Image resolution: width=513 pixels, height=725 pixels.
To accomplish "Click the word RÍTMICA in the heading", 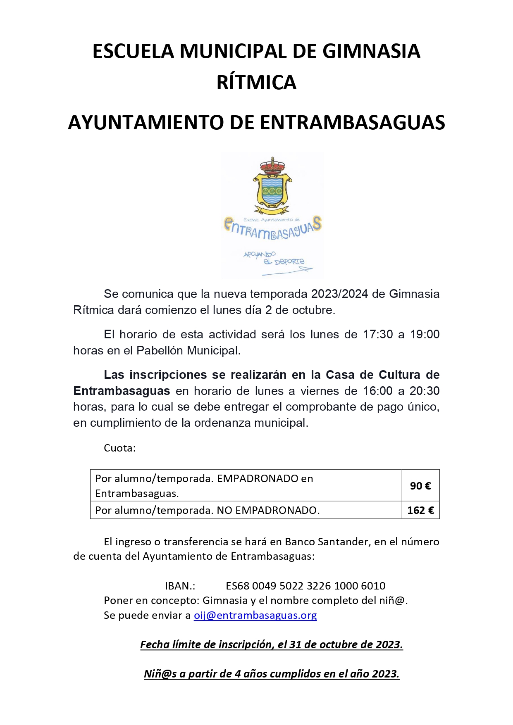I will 256,82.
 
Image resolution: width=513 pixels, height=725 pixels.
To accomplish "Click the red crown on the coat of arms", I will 272,166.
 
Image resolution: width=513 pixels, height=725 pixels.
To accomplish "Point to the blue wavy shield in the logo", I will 272,190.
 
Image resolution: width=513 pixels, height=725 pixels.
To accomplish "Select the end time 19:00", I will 425,334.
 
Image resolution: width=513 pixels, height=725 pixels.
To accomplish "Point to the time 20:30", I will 425,391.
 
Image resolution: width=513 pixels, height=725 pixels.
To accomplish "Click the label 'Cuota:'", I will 120,448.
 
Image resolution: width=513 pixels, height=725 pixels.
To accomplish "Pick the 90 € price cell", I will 420,486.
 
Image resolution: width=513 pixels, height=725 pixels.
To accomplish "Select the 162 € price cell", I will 420,510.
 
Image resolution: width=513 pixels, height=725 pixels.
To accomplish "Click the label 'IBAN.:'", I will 180,586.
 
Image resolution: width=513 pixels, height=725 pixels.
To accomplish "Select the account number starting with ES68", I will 305,586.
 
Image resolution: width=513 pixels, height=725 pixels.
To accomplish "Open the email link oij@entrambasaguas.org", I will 255,615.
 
